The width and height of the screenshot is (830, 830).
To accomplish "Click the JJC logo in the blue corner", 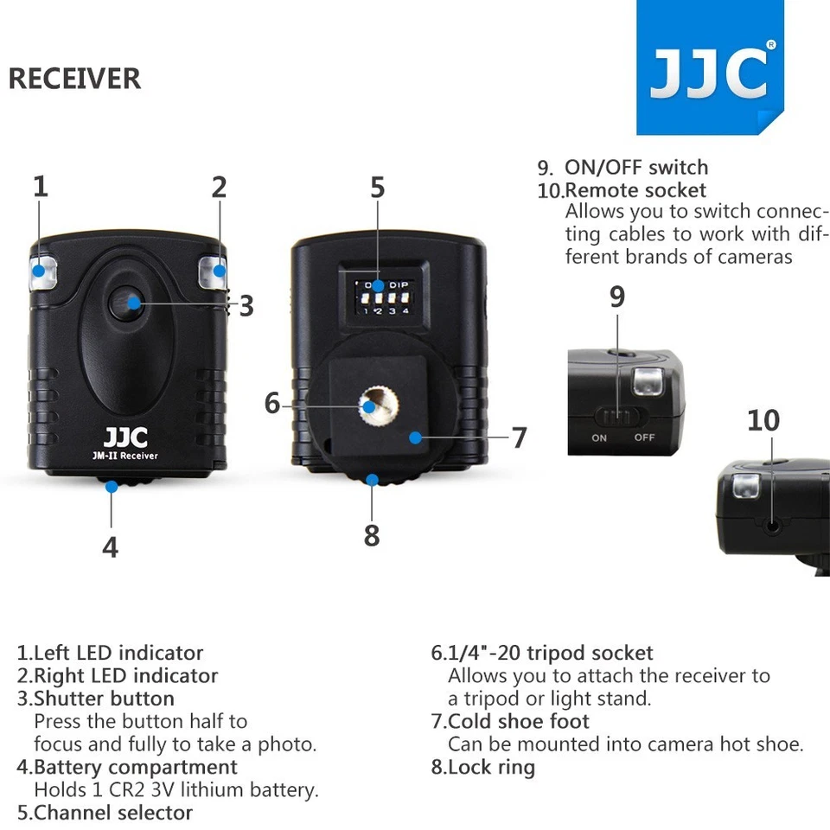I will pos(709,74).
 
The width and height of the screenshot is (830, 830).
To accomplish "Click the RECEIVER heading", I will pos(74,79).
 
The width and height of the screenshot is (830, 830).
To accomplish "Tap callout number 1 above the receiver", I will pos(41,187).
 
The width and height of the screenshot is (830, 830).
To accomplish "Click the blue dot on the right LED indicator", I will pos(220,271).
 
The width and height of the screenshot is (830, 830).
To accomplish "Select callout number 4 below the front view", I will pos(110,546).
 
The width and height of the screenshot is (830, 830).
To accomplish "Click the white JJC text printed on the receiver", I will pos(125,437).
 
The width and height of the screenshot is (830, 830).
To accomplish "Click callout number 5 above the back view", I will pos(378,188).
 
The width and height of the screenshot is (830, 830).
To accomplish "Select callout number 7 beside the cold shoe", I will pos(519,437).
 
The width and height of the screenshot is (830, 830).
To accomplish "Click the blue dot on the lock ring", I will pos(372,481).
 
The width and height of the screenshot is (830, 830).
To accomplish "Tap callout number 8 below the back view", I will pos(372,535).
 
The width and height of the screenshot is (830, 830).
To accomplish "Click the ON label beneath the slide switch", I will pos(599,437).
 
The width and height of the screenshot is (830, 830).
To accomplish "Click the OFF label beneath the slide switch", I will pos(644,437).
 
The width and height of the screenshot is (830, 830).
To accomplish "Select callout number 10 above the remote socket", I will pos(763,420).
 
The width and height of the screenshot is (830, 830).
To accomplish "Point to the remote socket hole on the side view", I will pos(769,523).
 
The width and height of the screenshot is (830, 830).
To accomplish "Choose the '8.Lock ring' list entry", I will pos(483,767).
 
